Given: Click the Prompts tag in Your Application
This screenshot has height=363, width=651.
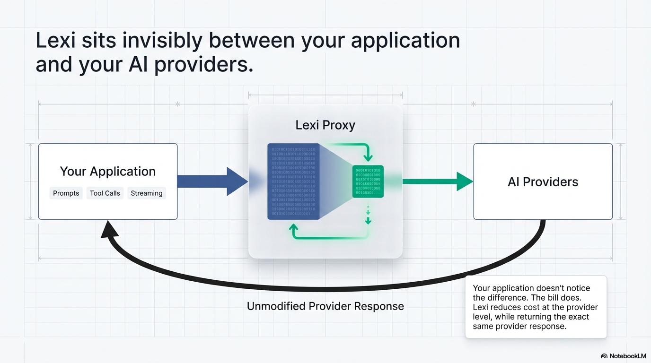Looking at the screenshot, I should (x=66, y=193).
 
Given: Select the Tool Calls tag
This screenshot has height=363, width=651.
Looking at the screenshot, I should (x=105, y=193).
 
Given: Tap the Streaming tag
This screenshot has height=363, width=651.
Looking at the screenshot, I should (x=146, y=193).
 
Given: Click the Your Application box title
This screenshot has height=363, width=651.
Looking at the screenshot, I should (x=108, y=171).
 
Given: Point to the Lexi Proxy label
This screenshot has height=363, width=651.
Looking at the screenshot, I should (x=325, y=125).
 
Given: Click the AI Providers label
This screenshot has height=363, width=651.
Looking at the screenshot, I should (x=543, y=182).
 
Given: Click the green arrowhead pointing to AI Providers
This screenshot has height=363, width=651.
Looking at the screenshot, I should (x=464, y=181).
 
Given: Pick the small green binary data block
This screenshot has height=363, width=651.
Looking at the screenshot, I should (x=368, y=181).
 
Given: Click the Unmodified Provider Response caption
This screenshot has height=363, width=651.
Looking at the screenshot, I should (x=325, y=306).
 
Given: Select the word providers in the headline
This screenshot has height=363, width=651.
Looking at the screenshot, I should (x=202, y=65).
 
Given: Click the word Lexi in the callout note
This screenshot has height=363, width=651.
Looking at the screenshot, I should (x=482, y=307).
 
